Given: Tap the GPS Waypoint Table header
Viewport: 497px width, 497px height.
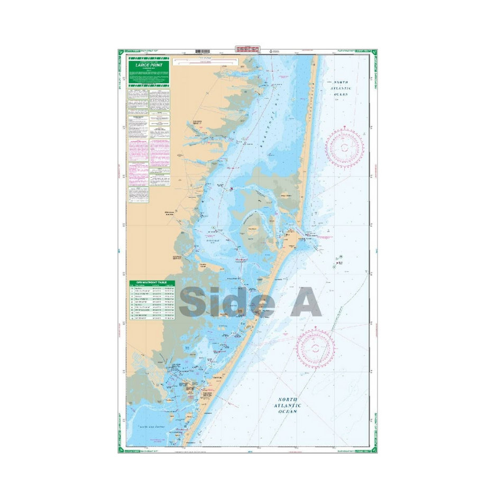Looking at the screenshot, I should [x=151, y=282].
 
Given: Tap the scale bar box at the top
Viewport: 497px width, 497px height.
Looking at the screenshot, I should [x=206, y=62].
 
